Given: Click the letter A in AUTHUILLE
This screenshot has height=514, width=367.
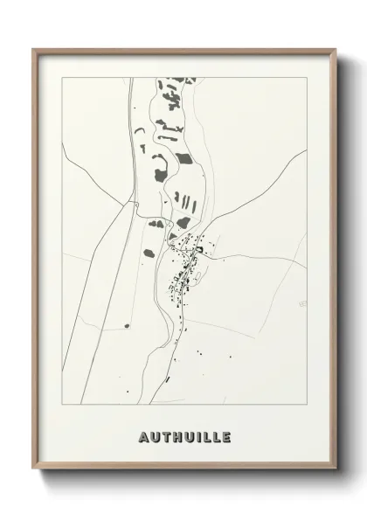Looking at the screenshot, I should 142,437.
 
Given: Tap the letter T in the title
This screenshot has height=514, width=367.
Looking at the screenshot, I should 166,437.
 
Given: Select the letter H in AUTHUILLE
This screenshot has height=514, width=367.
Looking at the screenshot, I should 177,437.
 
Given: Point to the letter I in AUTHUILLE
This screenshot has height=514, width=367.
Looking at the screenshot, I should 199,437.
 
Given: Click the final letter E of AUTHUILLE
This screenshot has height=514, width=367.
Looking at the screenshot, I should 226,437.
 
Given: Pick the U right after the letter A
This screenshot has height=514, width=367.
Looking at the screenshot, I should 154,437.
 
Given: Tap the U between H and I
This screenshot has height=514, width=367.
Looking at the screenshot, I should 190,437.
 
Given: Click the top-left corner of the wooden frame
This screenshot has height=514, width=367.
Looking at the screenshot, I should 33,49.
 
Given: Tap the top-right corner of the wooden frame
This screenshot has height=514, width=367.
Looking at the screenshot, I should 335,49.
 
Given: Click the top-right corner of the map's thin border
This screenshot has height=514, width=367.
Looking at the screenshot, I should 307,77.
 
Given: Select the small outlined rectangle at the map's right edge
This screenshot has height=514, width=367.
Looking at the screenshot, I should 302,303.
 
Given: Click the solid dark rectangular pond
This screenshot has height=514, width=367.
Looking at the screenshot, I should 183,159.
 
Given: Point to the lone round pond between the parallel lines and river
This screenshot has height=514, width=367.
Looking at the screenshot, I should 127,326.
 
